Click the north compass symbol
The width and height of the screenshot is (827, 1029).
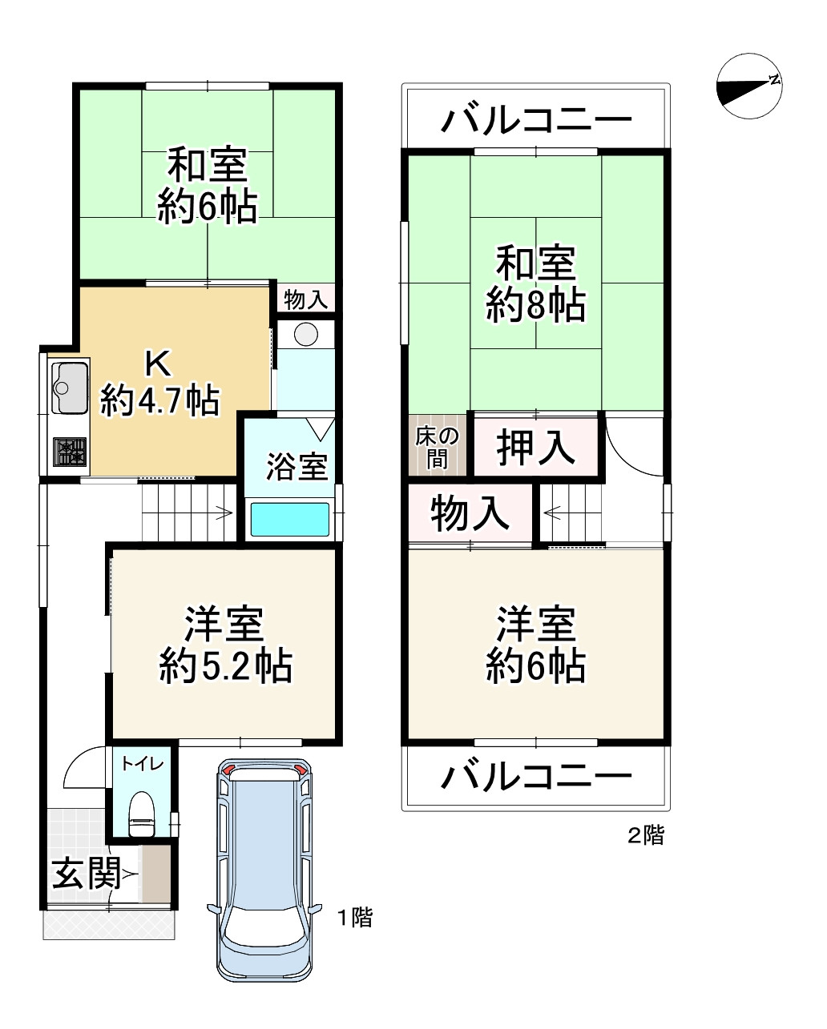point(749,86)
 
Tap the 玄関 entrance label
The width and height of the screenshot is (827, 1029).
point(86,874)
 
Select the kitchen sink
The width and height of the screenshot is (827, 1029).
point(70,388)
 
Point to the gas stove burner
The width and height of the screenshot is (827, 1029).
point(70,452)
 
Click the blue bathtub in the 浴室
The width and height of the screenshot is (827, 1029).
point(290,519)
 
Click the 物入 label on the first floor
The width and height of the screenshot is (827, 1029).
point(306,300)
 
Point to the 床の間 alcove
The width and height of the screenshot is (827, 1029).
point(436,447)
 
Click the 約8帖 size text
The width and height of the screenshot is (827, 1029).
point(535,305)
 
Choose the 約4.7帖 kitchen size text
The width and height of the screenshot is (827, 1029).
point(159,400)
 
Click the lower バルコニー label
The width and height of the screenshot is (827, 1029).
point(536,777)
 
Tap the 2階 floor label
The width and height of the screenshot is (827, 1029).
point(645,837)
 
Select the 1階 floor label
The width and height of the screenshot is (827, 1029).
point(353,918)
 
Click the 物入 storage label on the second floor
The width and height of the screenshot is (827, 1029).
point(470,514)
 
